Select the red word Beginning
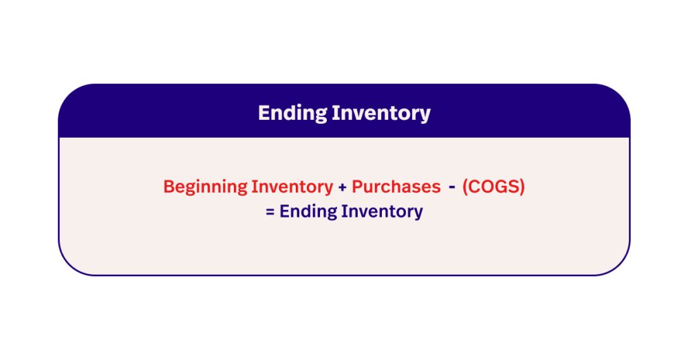[205, 187]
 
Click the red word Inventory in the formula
[292, 187]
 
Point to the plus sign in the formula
[342, 187]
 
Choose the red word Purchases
[396, 187]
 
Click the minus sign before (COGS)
[452, 187]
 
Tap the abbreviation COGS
[493, 187]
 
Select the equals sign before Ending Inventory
[270, 212]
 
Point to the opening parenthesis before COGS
[466, 187]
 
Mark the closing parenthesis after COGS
[522, 187]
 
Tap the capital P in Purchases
[357, 187]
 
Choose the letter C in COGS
[475, 187]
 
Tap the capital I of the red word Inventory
[254, 187]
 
